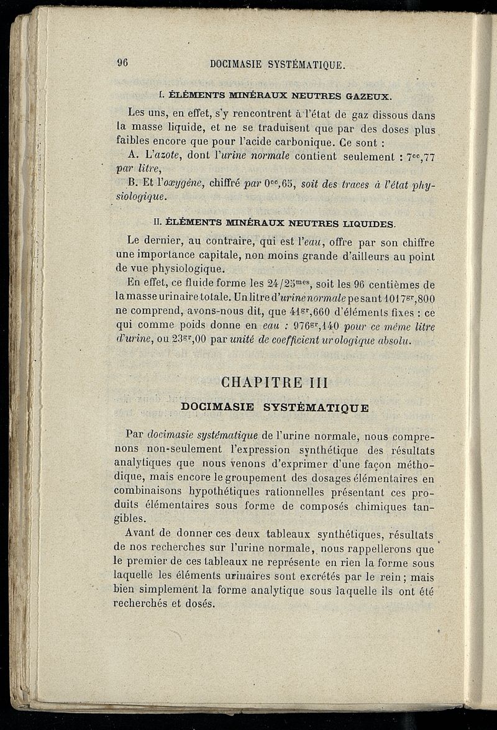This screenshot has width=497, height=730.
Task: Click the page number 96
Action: tap(122, 62)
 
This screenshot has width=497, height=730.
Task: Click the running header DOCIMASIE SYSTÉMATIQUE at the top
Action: tap(277, 64)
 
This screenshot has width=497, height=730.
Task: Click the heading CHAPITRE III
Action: tap(274, 382)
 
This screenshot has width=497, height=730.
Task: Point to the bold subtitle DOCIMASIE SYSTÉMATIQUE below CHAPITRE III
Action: tap(274, 408)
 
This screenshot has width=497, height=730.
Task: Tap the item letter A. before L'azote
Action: tap(132, 157)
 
